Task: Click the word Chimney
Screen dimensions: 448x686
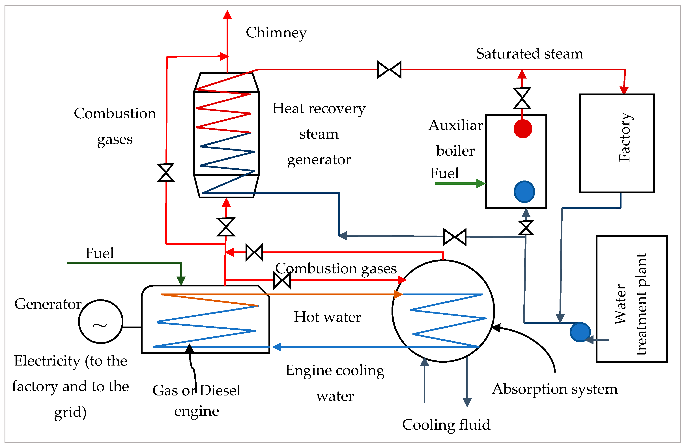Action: click(x=276, y=33)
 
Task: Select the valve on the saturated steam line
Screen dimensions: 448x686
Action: click(x=389, y=69)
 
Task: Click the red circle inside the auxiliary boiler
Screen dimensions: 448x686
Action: click(x=522, y=129)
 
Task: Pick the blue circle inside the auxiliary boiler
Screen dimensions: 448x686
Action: click(x=524, y=192)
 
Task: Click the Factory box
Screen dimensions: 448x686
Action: click(x=617, y=143)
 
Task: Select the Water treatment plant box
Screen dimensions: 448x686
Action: click(x=631, y=299)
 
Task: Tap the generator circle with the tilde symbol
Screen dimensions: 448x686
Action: click(x=101, y=322)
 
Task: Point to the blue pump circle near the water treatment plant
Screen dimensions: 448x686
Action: click(x=580, y=332)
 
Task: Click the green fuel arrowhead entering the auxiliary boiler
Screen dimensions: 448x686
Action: click(x=481, y=183)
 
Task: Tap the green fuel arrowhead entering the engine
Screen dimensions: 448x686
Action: click(x=181, y=281)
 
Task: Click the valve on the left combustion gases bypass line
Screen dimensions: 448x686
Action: click(x=166, y=172)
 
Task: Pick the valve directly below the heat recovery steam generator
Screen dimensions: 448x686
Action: click(x=226, y=227)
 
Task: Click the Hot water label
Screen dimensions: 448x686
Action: click(x=327, y=317)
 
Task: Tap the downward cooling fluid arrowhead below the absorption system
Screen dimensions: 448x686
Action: click(x=467, y=403)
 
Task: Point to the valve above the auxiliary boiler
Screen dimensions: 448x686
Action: click(x=522, y=98)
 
